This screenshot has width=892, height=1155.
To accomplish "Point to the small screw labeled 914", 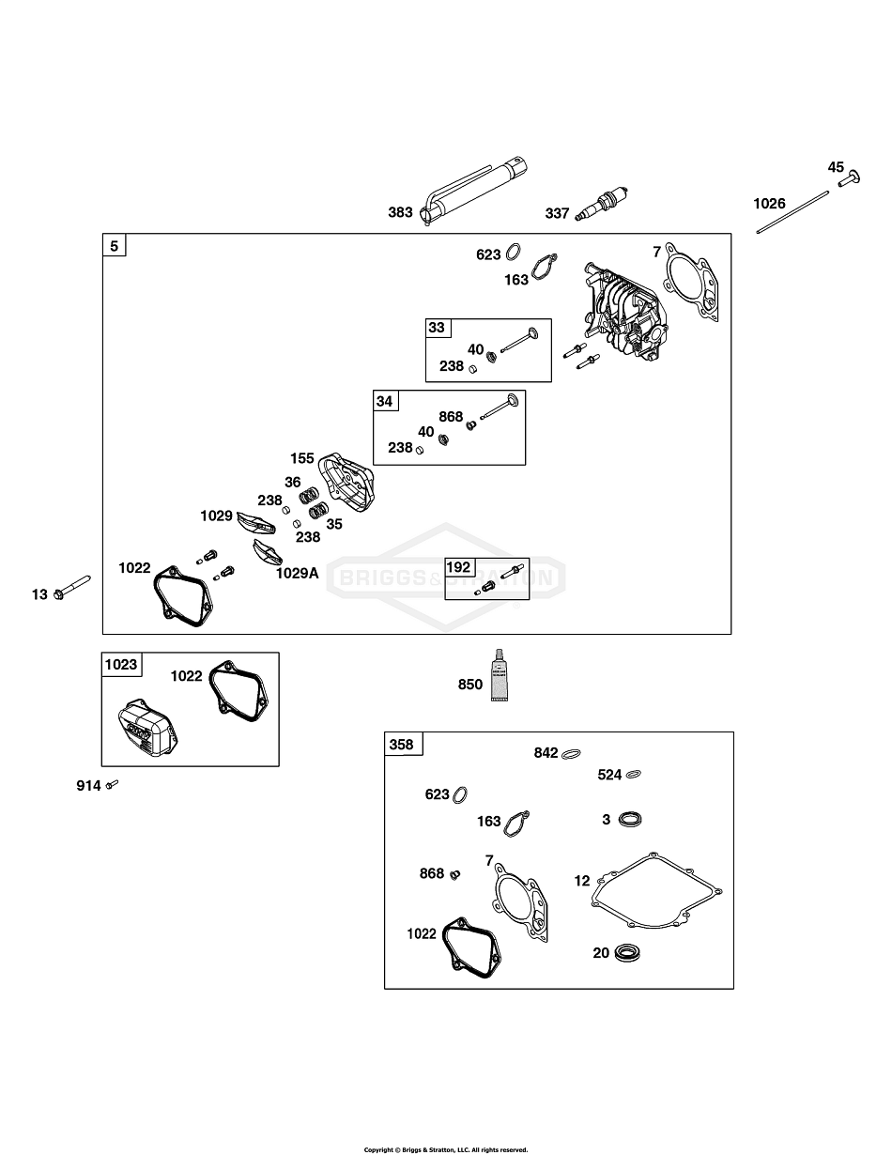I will pyautogui.click(x=112, y=784).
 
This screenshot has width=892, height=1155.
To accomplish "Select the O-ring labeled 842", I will pyautogui.click(x=573, y=753).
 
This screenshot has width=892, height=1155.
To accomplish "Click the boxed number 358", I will pyautogui.click(x=402, y=745).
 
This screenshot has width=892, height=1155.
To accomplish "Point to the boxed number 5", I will pyautogui.click(x=115, y=246).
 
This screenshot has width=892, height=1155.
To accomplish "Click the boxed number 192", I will pyautogui.click(x=458, y=566).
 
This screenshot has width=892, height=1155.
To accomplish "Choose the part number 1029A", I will pyautogui.click(x=297, y=573).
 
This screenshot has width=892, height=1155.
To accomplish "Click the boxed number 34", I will pyautogui.click(x=385, y=401).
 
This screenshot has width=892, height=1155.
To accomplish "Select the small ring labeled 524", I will pyautogui.click(x=636, y=775).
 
